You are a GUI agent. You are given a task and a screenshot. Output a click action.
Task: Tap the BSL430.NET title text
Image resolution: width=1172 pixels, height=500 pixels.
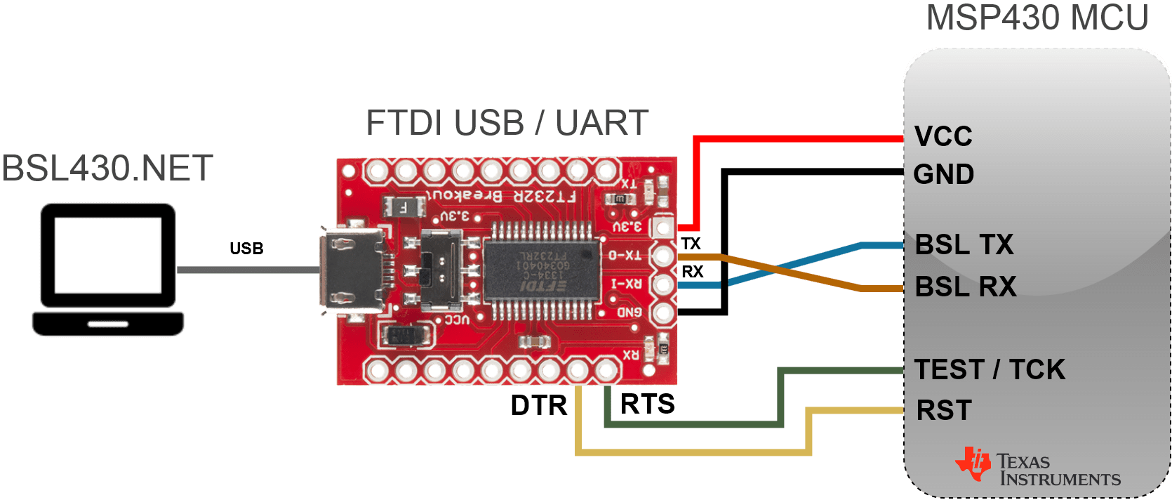[107, 169]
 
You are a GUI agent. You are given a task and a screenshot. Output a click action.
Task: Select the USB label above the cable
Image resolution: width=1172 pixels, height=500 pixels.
[246, 249]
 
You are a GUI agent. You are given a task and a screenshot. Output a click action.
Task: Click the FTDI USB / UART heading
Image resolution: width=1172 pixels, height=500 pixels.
[507, 124]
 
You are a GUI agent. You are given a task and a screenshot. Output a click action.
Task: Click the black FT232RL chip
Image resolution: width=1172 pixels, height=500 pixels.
[541, 270]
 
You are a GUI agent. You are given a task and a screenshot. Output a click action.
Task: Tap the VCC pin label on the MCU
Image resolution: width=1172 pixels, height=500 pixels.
[943, 137]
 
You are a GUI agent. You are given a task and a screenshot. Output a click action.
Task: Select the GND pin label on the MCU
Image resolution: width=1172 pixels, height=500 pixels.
[943, 174]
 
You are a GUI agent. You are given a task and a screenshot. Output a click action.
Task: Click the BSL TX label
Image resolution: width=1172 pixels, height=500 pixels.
[964, 245]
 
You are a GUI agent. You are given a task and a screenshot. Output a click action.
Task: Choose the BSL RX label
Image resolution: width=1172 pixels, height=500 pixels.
[966, 287]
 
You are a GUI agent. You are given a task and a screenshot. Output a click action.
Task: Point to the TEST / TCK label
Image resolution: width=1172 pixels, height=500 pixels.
[990, 369]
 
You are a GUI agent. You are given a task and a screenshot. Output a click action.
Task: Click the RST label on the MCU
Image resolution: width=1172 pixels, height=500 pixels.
[944, 410]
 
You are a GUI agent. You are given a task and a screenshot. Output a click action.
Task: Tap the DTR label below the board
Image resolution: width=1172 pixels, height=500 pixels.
[538, 405]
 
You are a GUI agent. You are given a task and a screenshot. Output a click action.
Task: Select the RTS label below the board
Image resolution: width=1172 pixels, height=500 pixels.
[647, 404]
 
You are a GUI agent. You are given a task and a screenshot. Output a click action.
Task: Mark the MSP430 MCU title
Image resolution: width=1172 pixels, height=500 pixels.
[1037, 18]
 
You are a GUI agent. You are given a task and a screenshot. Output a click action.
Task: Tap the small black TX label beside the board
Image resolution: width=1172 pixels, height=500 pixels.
[691, 244]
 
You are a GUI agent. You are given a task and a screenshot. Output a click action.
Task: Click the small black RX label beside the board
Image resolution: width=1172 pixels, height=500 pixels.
[692, 272]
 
